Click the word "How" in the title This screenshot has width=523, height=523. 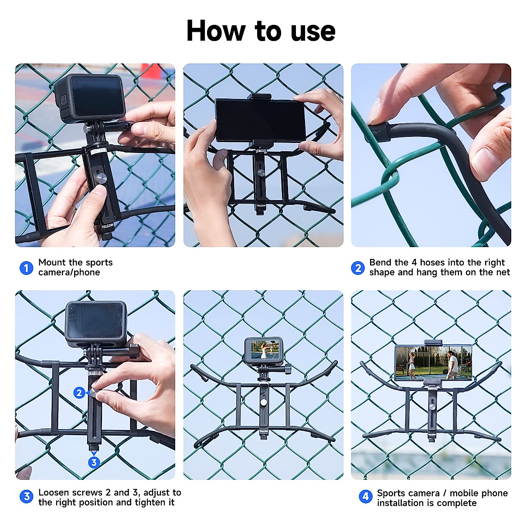point(216,31)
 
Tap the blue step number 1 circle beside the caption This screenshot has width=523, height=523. point(26,268)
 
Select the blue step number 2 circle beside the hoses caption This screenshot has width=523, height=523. point(358,268)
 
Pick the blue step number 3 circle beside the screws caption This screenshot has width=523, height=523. point(26,496)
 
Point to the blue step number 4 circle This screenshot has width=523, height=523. point(365,496)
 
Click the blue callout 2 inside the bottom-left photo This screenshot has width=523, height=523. point(79,393)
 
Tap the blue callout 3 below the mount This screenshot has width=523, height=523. point(94,462)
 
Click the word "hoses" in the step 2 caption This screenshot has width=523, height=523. point(432,262)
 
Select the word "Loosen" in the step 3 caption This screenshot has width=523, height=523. point(54,492)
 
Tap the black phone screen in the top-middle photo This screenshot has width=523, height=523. point(260,120)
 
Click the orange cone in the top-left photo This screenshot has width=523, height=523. point(151,72)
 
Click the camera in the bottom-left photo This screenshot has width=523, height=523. point(96,324)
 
